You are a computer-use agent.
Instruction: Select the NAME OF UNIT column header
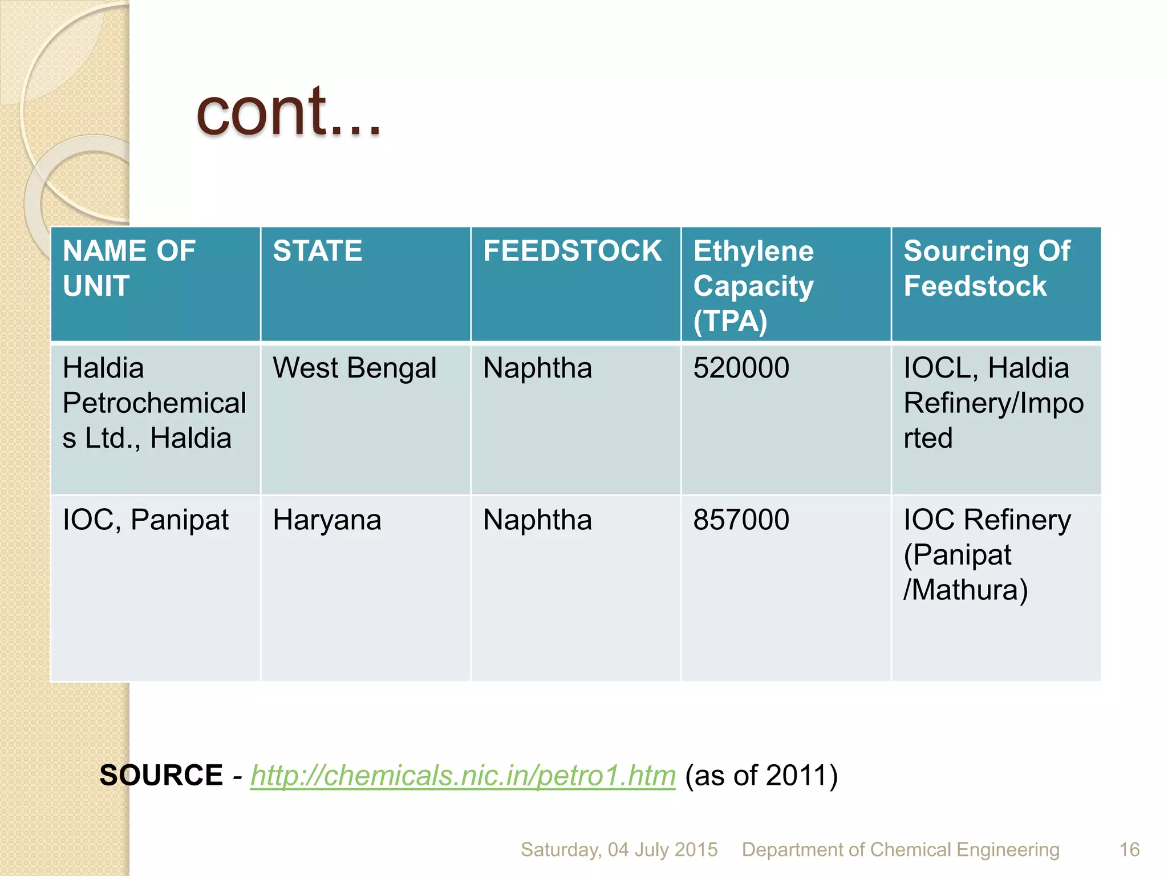click(129, 268)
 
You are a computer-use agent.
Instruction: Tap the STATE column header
click(318, 251)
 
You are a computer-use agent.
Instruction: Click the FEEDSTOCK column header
click(573, 251)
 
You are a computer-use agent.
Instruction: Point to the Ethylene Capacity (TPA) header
click(753, 285)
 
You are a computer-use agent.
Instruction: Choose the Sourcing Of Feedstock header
click(987, 268)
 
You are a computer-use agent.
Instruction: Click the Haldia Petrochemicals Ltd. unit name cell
click(154, 403)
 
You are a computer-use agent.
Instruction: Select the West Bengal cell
click(354, 368)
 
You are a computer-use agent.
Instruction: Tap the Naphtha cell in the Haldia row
click(537, 368)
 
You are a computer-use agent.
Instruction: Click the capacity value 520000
click(741, 368)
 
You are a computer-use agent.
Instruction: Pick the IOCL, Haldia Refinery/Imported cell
click(993, 403)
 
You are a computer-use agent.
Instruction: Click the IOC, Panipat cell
click(145, 520)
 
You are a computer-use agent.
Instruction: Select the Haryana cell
click(327, 520)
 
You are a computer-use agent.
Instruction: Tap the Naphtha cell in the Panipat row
click(537, 520)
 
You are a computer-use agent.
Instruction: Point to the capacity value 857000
click(741, 520)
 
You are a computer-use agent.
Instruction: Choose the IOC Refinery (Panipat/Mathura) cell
click(987, 554)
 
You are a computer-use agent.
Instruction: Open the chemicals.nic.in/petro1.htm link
click(463, 776)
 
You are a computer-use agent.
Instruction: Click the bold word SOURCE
click(161, 776)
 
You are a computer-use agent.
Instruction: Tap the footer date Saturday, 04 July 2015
click(619, 850)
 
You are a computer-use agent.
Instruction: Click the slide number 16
click(1129, 850)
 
